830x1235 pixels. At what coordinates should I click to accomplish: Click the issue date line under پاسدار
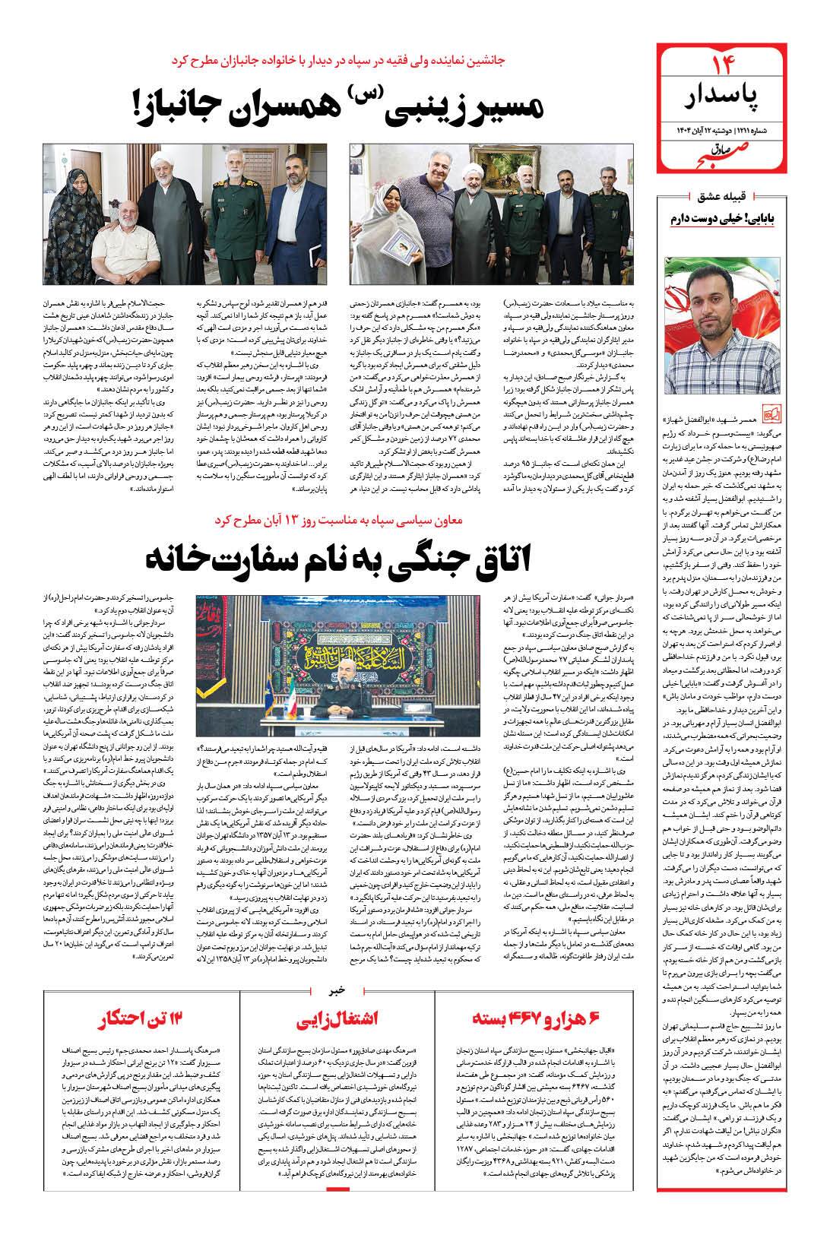[x=721, y=129]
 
